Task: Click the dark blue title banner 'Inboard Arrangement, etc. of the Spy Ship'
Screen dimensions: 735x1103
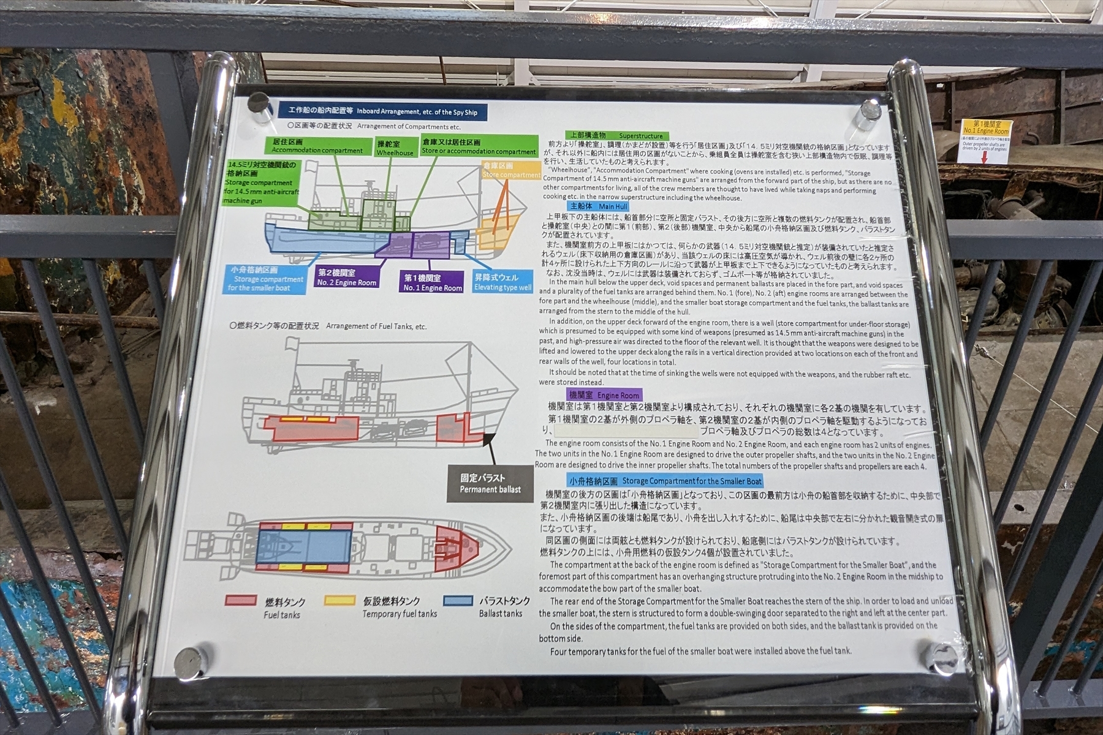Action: tap(382, 111)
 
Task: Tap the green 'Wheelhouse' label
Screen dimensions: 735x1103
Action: tap(395, 148)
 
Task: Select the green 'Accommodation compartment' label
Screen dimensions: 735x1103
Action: tap(317, 146)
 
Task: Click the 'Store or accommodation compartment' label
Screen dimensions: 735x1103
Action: tap(479, 146)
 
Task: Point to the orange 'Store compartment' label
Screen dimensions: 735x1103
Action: tap(510, 170)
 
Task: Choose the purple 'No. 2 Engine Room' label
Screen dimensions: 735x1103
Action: tap(346, 277)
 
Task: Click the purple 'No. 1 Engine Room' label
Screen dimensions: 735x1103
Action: tap(432, 283)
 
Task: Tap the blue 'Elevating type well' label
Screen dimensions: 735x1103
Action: tap(502, 282)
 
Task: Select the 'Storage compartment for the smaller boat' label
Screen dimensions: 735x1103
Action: tap(265, 279)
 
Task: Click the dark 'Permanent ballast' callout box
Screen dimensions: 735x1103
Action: tap(490, 483)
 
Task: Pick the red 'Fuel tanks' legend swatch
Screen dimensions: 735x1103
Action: tap(241, 601)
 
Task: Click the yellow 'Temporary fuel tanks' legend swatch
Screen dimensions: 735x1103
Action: tap(339, 601)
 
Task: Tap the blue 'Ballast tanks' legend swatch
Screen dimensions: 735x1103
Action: tap(458, 600)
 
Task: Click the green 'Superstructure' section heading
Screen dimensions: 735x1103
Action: tap(617, 135)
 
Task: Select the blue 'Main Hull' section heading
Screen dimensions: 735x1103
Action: tap(598, 206)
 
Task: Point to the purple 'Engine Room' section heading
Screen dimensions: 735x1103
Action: tap(604, 395)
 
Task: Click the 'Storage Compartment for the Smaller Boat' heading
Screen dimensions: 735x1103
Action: tap(665, 481)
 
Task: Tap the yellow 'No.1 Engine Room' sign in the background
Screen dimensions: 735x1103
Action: tap(985, 127)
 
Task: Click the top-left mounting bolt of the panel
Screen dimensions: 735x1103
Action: tap(259, 102)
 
